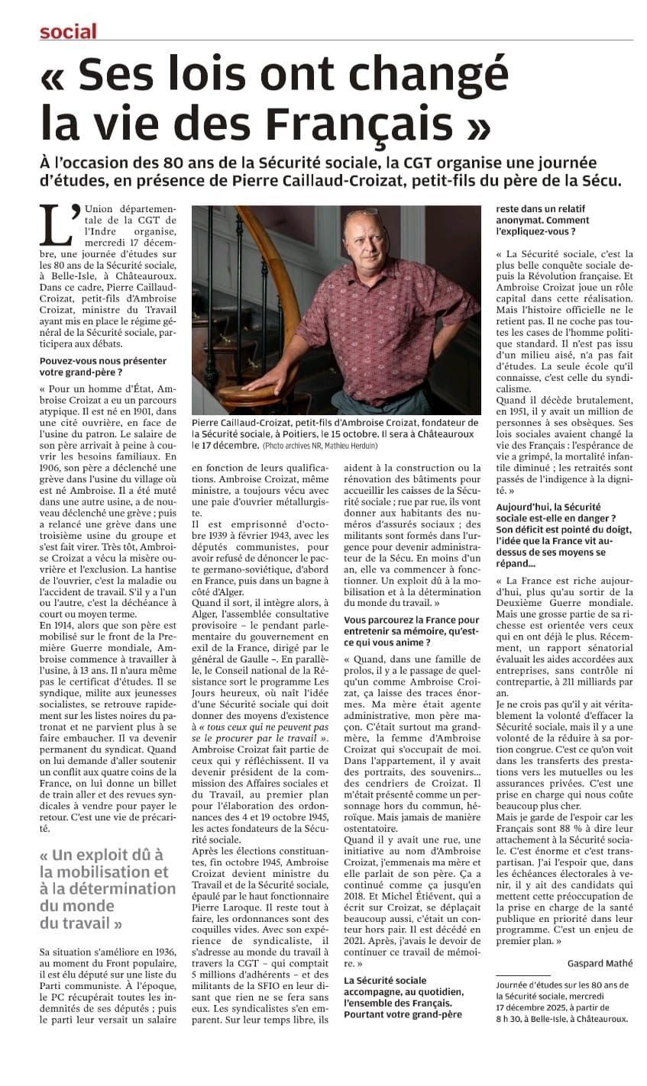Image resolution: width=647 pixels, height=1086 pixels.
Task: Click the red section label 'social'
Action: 68,31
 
